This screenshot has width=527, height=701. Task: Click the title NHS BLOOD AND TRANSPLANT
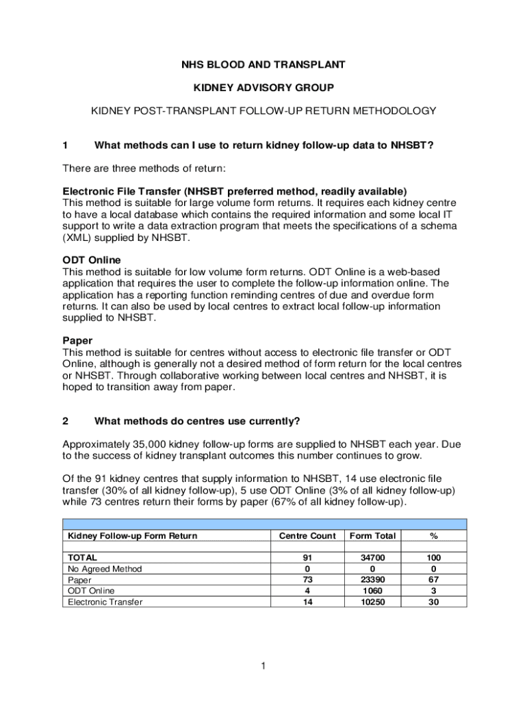click(263, 65)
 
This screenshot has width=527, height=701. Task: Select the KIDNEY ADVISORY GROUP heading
click(263, 88)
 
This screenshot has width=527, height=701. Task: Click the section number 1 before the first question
click(65, 145)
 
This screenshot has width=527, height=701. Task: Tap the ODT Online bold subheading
click(92, 260)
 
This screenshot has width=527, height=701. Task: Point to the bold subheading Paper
click(77, 340)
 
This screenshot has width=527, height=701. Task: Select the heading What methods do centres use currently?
click(197, 420)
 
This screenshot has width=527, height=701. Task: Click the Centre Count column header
click(307, 535)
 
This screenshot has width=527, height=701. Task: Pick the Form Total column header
click(372, 535)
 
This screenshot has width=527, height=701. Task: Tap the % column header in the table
click(433, 535)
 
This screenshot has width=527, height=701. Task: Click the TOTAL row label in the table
click(82, 558)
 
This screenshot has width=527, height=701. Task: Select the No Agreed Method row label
click(104, 569)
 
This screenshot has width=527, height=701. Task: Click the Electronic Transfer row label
click(105, 602)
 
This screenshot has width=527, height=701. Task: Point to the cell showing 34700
click(372, 558)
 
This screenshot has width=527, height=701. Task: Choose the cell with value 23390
click(372, 580)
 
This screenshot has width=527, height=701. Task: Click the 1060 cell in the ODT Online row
click(372, 591)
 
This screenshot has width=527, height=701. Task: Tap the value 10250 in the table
click(372, 602)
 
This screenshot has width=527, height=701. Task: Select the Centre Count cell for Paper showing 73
click(307, 580)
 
